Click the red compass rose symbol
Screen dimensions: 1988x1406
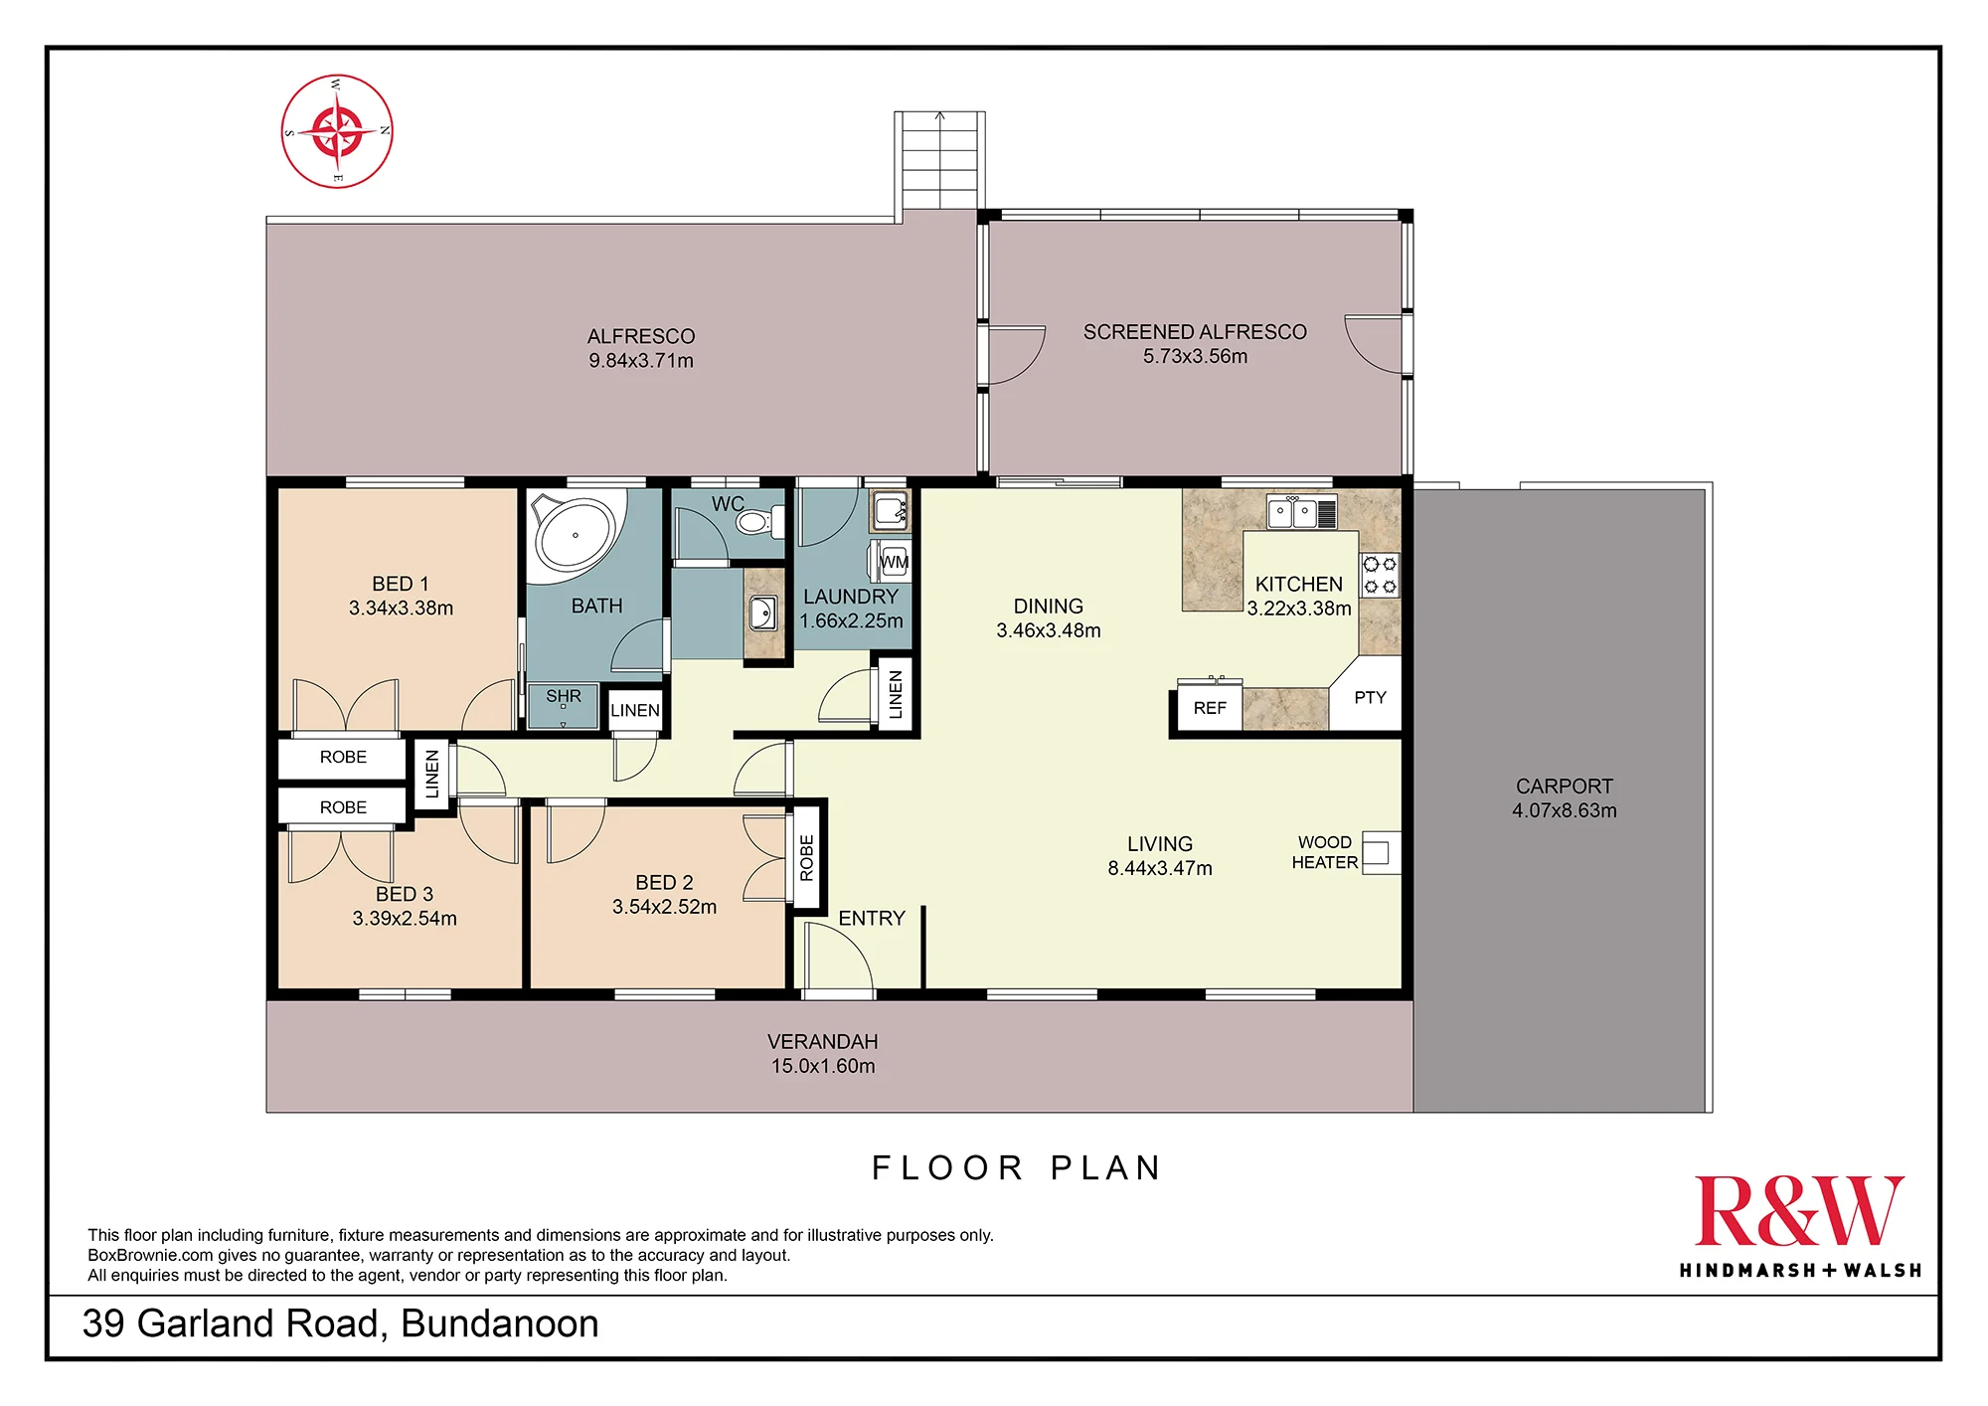coord(337,130)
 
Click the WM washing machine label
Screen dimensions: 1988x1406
coord(894,562)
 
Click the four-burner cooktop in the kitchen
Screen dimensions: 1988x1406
coord(1380,576)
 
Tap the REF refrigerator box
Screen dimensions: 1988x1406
coord(1210,707)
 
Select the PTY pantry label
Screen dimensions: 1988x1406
coord(1370,698)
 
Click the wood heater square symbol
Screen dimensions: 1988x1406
coord(1380,852)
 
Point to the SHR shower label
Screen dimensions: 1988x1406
coord(564,696)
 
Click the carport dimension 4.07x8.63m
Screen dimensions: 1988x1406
coord(1565,810)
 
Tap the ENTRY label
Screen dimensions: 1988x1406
coord(872,918)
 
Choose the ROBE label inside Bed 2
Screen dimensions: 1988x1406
coord(807,858)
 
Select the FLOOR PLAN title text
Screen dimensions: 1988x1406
coord(1016,1167)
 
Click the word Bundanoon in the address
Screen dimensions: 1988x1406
coord(500,1323)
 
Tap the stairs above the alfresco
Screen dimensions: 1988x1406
coord(940,160)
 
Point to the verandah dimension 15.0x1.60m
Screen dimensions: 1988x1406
coord(823,1066)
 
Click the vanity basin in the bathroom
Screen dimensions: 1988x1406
coord(763,614)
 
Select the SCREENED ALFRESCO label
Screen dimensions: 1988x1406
coord(1195,332)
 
